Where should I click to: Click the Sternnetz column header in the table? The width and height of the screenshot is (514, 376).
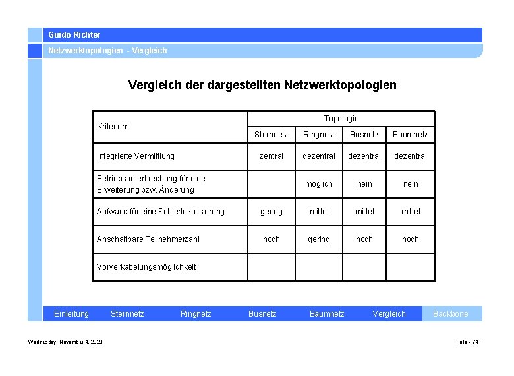(271, 135)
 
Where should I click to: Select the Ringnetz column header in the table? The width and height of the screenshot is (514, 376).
(318, 135)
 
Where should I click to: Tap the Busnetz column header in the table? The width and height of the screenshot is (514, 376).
(364, 135)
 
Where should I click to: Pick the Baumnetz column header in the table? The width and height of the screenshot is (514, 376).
(410, 135)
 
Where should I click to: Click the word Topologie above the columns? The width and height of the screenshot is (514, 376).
(341, 119)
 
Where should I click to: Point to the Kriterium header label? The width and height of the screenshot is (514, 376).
(113, 126)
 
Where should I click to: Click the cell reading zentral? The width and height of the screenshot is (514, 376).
(271, 156)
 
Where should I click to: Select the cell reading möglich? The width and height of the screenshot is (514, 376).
(318, 184)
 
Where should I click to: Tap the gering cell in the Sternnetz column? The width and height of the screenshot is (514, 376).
(271, 212)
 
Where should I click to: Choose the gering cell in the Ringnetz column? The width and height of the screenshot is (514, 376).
(318, 239)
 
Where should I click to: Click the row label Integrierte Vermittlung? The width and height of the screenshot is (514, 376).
(136, 156)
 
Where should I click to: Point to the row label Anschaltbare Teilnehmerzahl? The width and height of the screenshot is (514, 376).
(148, 239)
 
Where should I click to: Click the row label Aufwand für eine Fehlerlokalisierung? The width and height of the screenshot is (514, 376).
(161, 212)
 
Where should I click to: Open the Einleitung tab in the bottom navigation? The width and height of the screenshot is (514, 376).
(71, 314)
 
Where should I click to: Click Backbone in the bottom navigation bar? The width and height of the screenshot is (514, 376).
(450, 314)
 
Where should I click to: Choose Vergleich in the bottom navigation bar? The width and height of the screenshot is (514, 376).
(389, 314)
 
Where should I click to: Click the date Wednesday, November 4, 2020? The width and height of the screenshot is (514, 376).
(65, 342)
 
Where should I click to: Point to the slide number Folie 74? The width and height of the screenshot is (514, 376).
(468, 342)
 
